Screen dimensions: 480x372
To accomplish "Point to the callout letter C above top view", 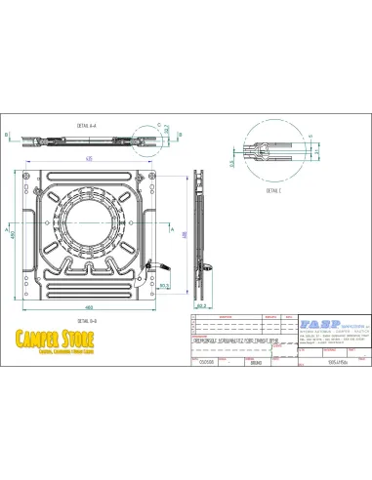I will pyautogui.click(x=157, y=124).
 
